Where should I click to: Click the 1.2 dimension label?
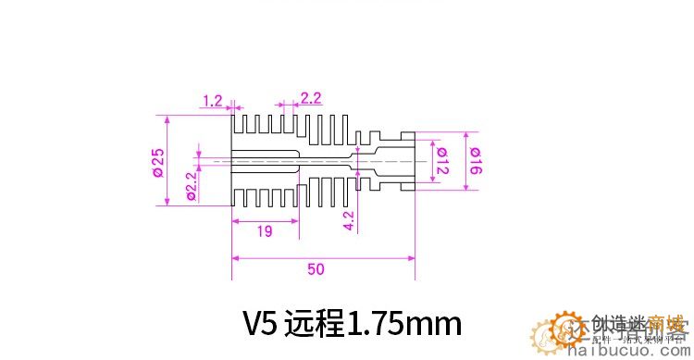[212, 100]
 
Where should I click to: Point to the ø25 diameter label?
[157, 162]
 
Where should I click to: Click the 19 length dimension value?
[265, 232]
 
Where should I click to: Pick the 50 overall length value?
[316, 269]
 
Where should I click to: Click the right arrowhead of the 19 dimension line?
[293, 221]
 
